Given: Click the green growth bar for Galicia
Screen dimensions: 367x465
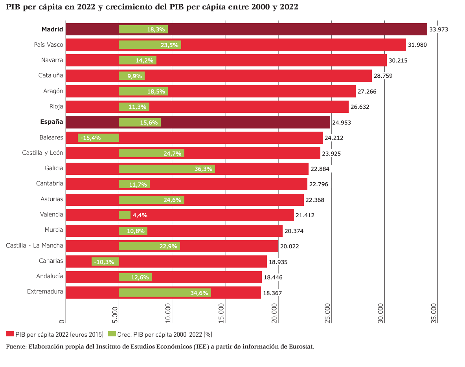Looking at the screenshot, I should (167, 169).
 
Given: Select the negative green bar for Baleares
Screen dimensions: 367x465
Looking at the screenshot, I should (98, 138).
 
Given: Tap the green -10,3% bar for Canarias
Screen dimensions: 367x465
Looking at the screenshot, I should (105, 262).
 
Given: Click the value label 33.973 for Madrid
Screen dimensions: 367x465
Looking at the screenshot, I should (439, 29).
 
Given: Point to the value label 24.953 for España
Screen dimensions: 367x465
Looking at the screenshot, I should (341, 123).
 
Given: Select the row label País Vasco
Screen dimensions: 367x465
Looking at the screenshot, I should (48, 45).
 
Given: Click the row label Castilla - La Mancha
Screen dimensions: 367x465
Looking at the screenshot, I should (35, 246).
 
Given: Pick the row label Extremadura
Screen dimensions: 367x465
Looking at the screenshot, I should (45, 292).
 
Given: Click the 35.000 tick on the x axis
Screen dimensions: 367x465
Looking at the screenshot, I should (433, 313).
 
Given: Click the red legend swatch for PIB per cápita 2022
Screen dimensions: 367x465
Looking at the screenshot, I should (10, 334).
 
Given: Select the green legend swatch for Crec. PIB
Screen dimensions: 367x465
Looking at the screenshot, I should (112, 334).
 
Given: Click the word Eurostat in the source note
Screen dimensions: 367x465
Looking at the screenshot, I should (301, 347).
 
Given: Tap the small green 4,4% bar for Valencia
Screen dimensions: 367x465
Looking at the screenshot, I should (125, 215).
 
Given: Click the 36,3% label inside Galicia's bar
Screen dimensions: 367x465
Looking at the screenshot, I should (203, 169).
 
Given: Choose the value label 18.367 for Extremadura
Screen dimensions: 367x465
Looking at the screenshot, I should (272, 293).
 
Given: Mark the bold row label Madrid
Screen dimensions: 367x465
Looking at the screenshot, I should (52, 29).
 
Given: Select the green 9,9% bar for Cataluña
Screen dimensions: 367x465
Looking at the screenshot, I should (132, 76).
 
